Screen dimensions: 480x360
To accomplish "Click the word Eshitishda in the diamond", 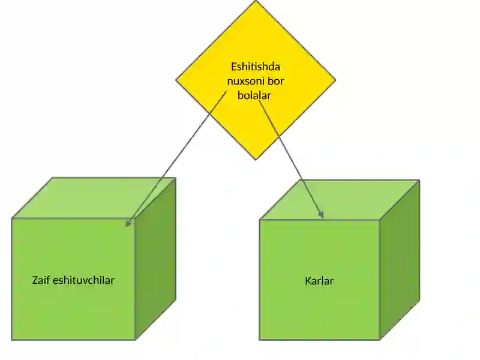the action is [256, 67].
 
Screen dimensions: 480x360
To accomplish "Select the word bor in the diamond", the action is [276, 81].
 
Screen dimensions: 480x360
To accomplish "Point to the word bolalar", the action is [254, 95].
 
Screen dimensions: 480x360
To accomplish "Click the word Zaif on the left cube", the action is [41, 280].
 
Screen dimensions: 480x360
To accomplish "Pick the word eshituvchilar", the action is [84, 280].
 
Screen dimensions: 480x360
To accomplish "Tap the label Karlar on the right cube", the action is [319, 281].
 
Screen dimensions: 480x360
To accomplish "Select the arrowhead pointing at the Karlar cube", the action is [321, 214].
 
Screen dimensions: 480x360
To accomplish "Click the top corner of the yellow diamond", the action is [256, 1].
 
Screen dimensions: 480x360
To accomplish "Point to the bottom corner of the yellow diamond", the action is [256, 160].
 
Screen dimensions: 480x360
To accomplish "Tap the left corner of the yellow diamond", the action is [176, 80].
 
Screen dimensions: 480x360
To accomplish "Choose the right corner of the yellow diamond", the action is [335, 80].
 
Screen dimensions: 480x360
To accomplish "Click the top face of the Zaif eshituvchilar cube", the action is [94, 198].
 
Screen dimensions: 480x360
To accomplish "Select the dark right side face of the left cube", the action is [155, 259].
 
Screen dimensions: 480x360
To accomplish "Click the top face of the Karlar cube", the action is [340, 200].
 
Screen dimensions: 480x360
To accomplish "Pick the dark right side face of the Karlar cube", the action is [400, 260].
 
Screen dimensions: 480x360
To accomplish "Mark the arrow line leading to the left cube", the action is [176, 159].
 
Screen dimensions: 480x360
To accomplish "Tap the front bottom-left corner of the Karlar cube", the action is [260, 340].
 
